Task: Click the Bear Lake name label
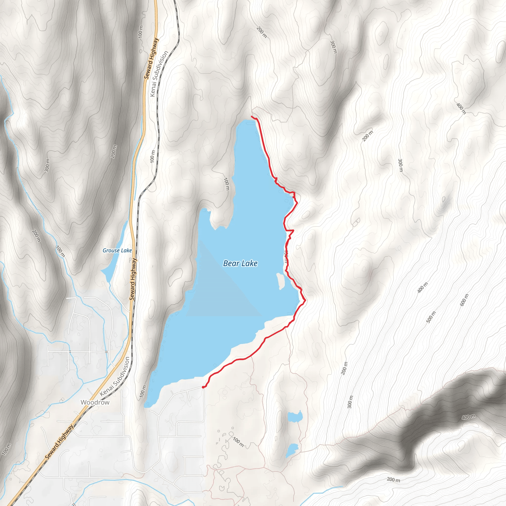click(x=240, y=263)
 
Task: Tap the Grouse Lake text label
click(x=117, y=250)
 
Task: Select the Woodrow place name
click(x=95, y=402)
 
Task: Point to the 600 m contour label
click(x=464, y=300)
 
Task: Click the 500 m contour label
click(x=431, y=317)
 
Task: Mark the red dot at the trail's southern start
click(x=203, y=387)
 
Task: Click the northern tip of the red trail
click(x=252, y=116)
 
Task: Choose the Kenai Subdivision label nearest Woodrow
click(x=114, y=376)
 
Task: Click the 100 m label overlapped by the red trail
click(x=286, y=256)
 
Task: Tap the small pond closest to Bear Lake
click(x=295, y=416)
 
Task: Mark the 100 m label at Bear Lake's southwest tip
click(x=143, y=392)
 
